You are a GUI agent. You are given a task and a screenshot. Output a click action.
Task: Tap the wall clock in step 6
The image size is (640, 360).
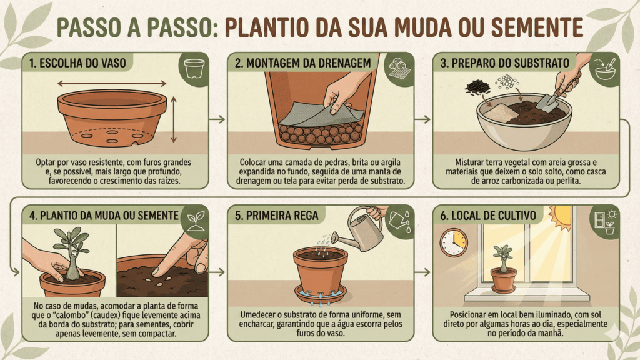454,242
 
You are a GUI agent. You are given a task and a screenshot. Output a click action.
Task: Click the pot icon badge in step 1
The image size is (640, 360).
195,66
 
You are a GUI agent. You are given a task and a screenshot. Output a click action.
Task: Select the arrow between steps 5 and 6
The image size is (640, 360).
422,272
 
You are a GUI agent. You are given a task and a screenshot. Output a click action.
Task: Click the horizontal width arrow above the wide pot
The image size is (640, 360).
112,83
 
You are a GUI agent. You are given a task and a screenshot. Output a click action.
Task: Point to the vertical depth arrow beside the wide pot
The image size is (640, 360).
174,119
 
